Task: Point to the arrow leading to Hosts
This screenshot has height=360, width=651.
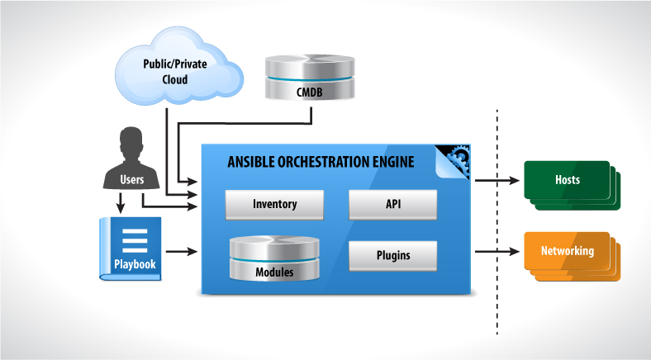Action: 496,178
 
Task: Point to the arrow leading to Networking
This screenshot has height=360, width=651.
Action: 496,250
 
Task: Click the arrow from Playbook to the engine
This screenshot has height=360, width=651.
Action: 183,250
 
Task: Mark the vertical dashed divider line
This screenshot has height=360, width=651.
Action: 497,223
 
